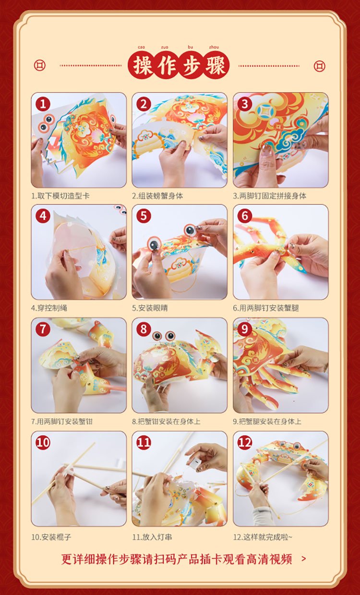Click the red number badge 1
click(43, 104)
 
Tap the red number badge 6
click(244, 216)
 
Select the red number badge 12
click(244, 443)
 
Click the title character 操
click(142, 65)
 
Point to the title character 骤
click(216, 65)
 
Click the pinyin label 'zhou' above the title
click(214, 47)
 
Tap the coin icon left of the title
click(40, 65)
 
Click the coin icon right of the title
click(319, 66)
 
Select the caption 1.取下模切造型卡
click(60, 196)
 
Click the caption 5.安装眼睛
click(150, 308)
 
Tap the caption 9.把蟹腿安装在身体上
click(267, 421)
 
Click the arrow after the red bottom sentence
click(304, 559)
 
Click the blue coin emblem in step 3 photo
click(264, 111)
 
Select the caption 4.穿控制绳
click(49, 308)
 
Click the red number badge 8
click(144, 329)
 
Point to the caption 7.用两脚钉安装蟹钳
click(62, 421)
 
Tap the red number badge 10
click(43, 443)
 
